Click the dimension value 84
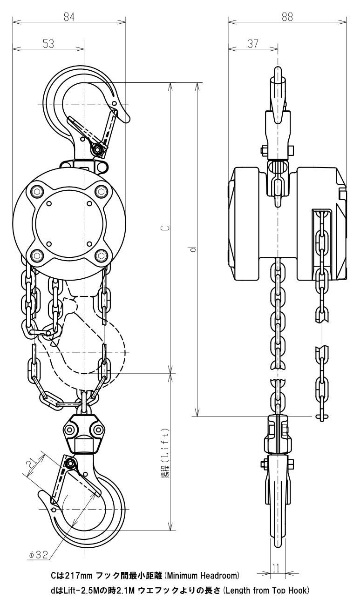[69, 17]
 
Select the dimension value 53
[48, 44]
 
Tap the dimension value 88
[287, 17]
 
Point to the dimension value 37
[253, 44]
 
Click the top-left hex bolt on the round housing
[37, 191]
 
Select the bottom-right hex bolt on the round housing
[101, 256]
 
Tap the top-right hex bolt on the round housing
[101, 191]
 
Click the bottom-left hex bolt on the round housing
[37, 256]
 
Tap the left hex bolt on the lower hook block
[69, 430]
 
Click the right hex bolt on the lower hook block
[97, 430]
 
